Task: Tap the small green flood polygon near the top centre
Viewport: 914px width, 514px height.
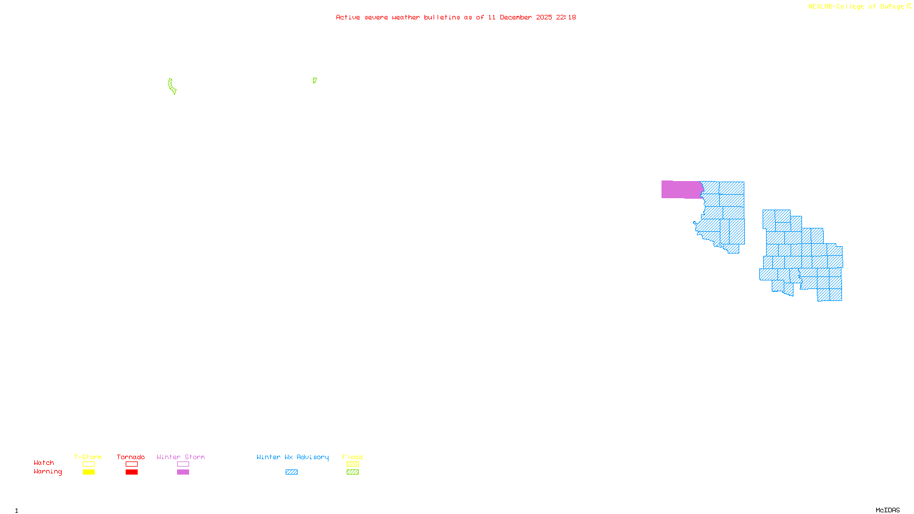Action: (314, 81)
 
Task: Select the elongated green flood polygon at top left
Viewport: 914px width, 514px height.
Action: (171, 86)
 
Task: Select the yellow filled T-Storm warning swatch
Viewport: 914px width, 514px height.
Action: (89, 472)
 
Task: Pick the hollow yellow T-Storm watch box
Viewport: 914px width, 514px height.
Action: (89, 464)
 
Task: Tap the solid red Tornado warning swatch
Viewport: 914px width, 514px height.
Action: (131, 472)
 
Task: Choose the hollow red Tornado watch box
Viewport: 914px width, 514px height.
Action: (131, 464)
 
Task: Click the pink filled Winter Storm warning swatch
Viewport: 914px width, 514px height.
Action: (183, 472)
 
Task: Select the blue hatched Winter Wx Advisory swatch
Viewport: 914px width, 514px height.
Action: (291, 472)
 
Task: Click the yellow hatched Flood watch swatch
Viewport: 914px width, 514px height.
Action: (352, 464)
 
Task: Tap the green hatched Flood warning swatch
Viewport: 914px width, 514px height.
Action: (352, 472)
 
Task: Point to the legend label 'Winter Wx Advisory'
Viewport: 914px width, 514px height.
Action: (292, 457)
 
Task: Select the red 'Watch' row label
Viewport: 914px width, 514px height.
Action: (44, 463)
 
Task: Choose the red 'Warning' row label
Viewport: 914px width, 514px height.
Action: (47, 472)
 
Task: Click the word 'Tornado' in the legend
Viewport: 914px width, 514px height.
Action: (131, 457)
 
